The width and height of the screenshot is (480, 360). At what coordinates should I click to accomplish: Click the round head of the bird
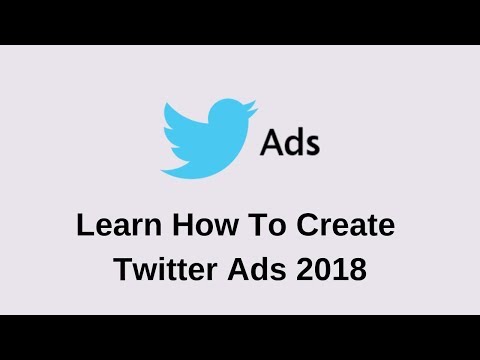(228, 113)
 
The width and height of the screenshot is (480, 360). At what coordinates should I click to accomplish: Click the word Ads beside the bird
(290, 142)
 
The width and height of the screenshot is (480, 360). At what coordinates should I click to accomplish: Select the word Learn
(119, 225)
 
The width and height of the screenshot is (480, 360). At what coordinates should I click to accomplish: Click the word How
(205, 225)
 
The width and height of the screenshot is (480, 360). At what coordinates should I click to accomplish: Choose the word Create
(346, 225)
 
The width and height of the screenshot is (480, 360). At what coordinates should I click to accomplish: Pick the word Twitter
(166, 269)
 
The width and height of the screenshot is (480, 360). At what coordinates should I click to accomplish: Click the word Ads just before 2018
(257, 269)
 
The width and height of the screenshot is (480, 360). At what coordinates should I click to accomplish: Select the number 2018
(331, 269)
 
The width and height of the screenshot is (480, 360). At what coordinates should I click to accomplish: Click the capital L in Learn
(85, 225)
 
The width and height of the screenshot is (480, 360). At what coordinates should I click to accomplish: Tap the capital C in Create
(307, 225)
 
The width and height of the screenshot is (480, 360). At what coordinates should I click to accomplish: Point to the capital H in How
(183, 225)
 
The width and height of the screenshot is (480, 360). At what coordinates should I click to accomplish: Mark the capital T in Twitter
(124, 269)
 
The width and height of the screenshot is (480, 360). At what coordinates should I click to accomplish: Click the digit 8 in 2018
(358, 269)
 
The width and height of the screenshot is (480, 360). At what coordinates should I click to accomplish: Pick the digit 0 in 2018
(323, 269)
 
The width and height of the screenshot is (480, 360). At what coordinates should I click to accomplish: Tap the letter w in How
(226, 228)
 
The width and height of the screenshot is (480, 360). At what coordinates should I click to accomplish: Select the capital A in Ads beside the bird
(270, 142)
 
